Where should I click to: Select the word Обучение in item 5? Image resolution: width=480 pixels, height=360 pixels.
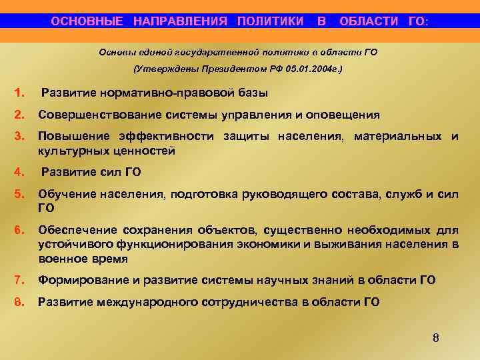coord(67,194)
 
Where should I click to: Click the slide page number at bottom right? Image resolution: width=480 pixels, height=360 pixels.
coord(435,337)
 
